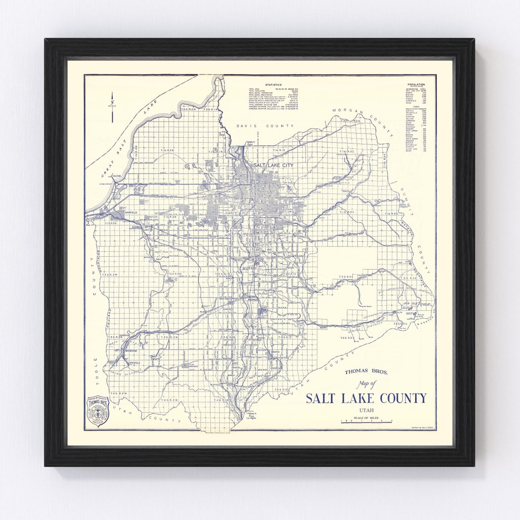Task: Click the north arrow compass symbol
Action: pos(112,107)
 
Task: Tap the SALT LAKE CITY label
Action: pos(273,165)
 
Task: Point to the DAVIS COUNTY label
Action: pos(264,126)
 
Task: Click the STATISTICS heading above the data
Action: pos(273,84)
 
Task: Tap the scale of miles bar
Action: pos(366,421)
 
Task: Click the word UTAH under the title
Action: pos(366,410)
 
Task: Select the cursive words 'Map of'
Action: pos(366,384)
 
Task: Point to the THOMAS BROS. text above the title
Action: pos(366,372)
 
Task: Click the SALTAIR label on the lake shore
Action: pos(117,176)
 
